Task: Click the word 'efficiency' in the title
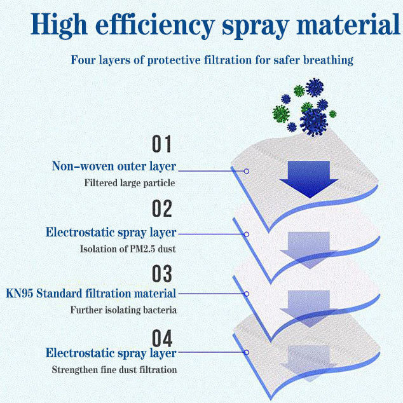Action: click(155, 25)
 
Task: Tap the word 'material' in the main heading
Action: click(348, 24)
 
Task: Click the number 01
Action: click(161, 144)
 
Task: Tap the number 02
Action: click(161, 208)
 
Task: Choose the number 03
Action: click(161, 273)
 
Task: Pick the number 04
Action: click(161, 338)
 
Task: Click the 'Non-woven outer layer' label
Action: click(114, 167)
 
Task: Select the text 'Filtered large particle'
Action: click(130, 183)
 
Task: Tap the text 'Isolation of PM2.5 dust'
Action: click(128, 249)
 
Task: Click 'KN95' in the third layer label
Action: click(20, 293)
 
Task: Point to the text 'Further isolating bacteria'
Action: click(123, 310)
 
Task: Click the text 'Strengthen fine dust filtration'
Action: click(114, 370)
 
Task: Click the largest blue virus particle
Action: click(313, 122)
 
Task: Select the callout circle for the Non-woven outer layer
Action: click(246, 171)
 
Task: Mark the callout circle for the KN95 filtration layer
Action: click(246, 294)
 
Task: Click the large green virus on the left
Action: click(281, 114)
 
